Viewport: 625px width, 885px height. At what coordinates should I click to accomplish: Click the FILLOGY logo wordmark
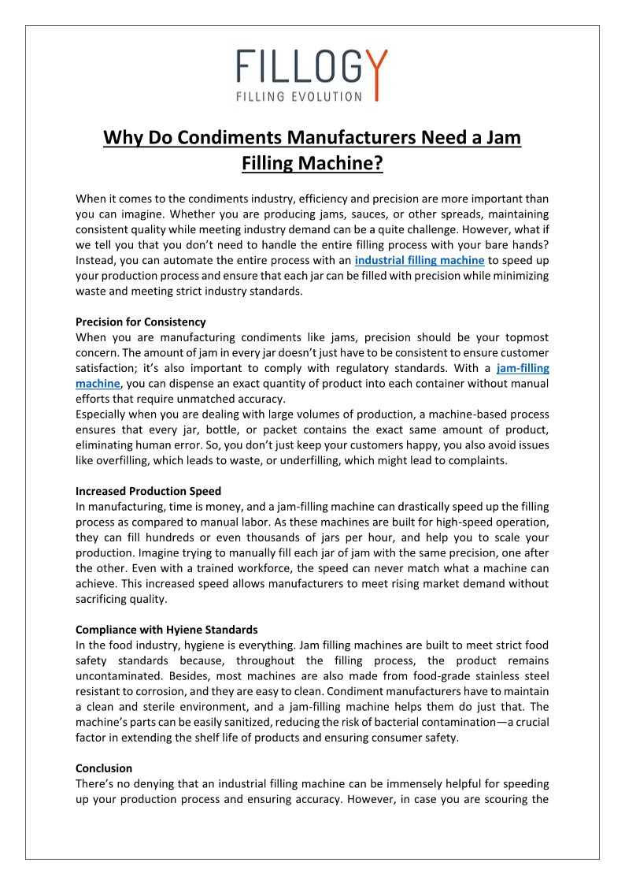click(312, 67)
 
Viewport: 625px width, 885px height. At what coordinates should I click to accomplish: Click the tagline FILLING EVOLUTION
click(299, 96)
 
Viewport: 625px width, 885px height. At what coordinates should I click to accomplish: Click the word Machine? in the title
click(345, 164)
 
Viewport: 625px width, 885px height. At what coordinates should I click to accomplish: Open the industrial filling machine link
click(420, 259)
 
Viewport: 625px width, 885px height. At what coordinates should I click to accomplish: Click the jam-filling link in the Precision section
click(523, 367)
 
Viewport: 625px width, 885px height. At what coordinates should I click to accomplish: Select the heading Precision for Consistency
click(141, 322)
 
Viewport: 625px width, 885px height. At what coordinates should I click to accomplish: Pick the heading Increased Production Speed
click(148, 491)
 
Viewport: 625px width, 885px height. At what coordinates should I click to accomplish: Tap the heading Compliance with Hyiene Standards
click(166, 630)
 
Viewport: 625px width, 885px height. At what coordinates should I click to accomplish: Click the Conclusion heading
click(104, 768)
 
